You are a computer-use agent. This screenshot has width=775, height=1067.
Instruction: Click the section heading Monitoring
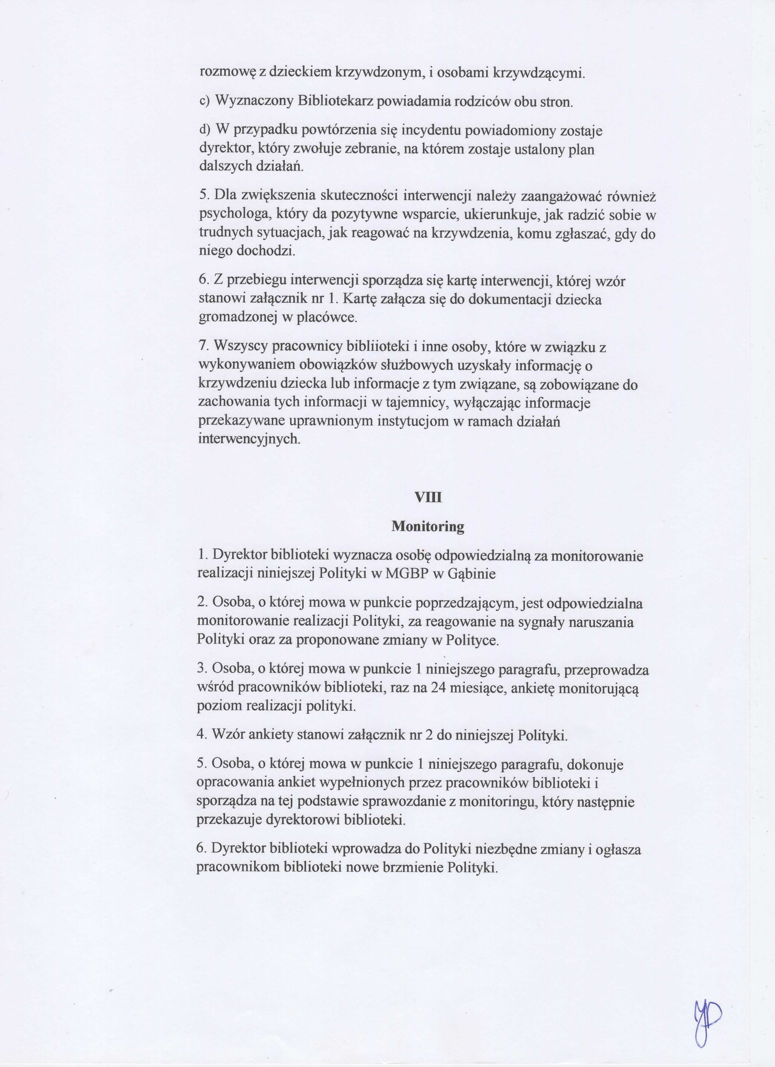click(427, 526)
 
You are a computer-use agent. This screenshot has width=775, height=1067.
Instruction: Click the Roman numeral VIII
click(427, 497)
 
